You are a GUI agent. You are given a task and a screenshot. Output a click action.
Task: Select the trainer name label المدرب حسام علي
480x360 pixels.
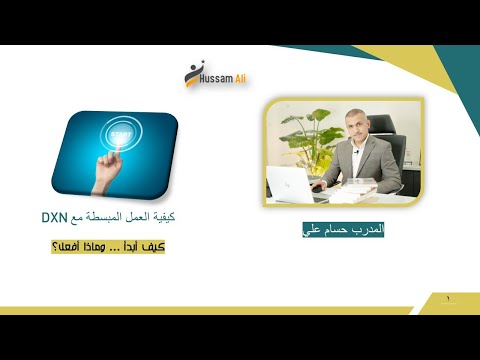[343, 229]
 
